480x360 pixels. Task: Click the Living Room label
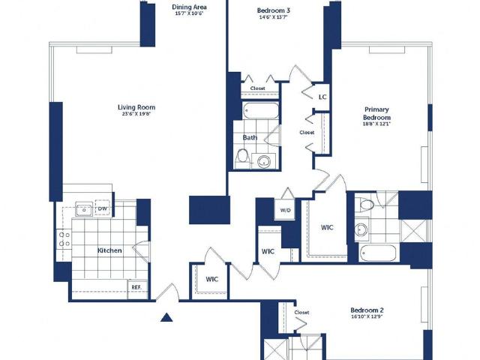point(136,107)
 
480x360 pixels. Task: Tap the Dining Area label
point(184,6)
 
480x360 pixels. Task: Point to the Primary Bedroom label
point(377,112)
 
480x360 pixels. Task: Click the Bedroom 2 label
point(367,310)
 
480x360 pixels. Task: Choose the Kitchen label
point(109,250)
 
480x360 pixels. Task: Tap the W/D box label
point(286,210)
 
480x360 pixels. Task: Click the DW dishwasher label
point(102,208)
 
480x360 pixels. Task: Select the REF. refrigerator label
point(136,287)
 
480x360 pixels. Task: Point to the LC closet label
point(322,97)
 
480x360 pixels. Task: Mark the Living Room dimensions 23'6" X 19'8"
point(136,115)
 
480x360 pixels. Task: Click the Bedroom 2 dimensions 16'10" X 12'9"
point(367,318)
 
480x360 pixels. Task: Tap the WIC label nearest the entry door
point(212,279)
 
